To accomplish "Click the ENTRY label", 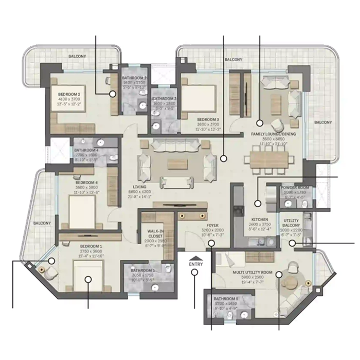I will pyautogui.click(x=196, y=264).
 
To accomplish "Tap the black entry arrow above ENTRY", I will pyautogui.click(x=195, y=257).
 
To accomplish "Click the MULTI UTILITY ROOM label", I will pyautogui.click(x=245, y=274).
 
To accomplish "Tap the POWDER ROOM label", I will pyautogui.click(x=295, y=188).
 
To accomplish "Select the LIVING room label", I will pyautogui.click(x=139, y=186).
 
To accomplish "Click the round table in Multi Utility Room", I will pyautogui.click(x=291, y=281).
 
